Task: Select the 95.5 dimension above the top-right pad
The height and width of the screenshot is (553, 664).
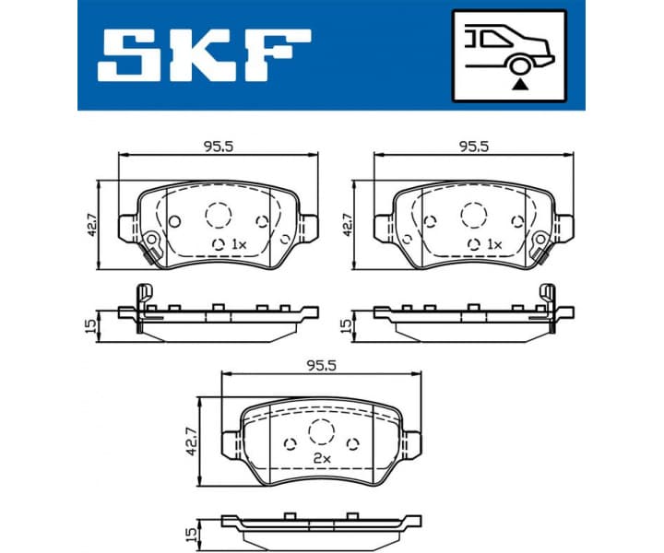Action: click(x=472, y=146)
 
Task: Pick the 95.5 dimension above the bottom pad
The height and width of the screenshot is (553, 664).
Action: click(x=320, y=365)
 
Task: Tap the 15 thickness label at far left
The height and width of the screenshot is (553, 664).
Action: click(x=90, y=325)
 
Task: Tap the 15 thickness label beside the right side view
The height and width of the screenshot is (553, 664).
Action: click(x=346, y=325)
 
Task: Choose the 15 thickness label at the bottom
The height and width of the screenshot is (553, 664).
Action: click(x=193, y=535)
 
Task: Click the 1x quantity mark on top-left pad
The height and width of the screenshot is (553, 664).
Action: click(x=238, y=244)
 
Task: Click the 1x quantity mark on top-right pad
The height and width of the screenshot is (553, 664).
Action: click(x=493, y=244)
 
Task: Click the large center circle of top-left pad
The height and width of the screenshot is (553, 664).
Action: click(x=218, y=215)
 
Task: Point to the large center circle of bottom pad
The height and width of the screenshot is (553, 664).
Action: click(x=320, y=430)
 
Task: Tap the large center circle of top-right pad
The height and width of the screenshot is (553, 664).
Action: click(x=473, y=215)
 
